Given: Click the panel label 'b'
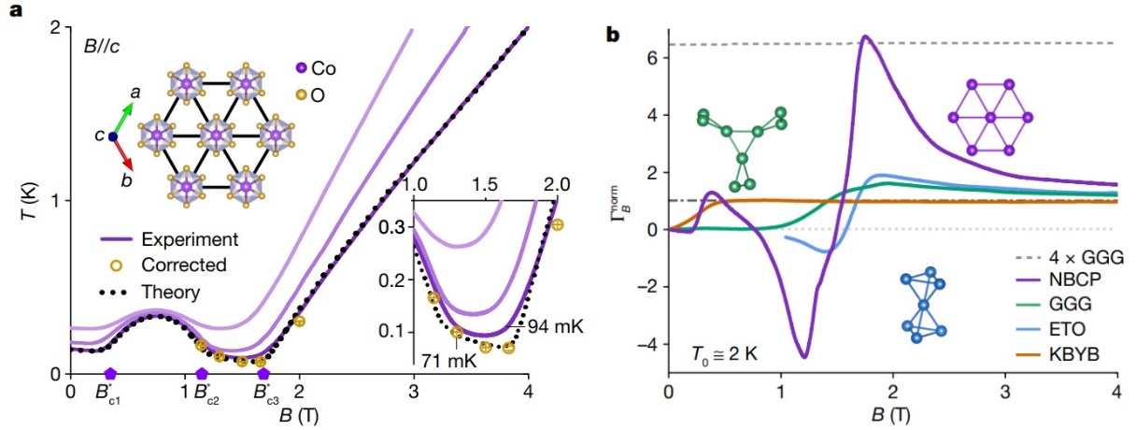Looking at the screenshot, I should coord(613,36).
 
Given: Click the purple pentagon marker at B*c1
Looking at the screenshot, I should coord(109,374).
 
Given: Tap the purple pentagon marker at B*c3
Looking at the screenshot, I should coord(263,374).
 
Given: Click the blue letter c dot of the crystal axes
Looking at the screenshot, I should coord(112,136).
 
